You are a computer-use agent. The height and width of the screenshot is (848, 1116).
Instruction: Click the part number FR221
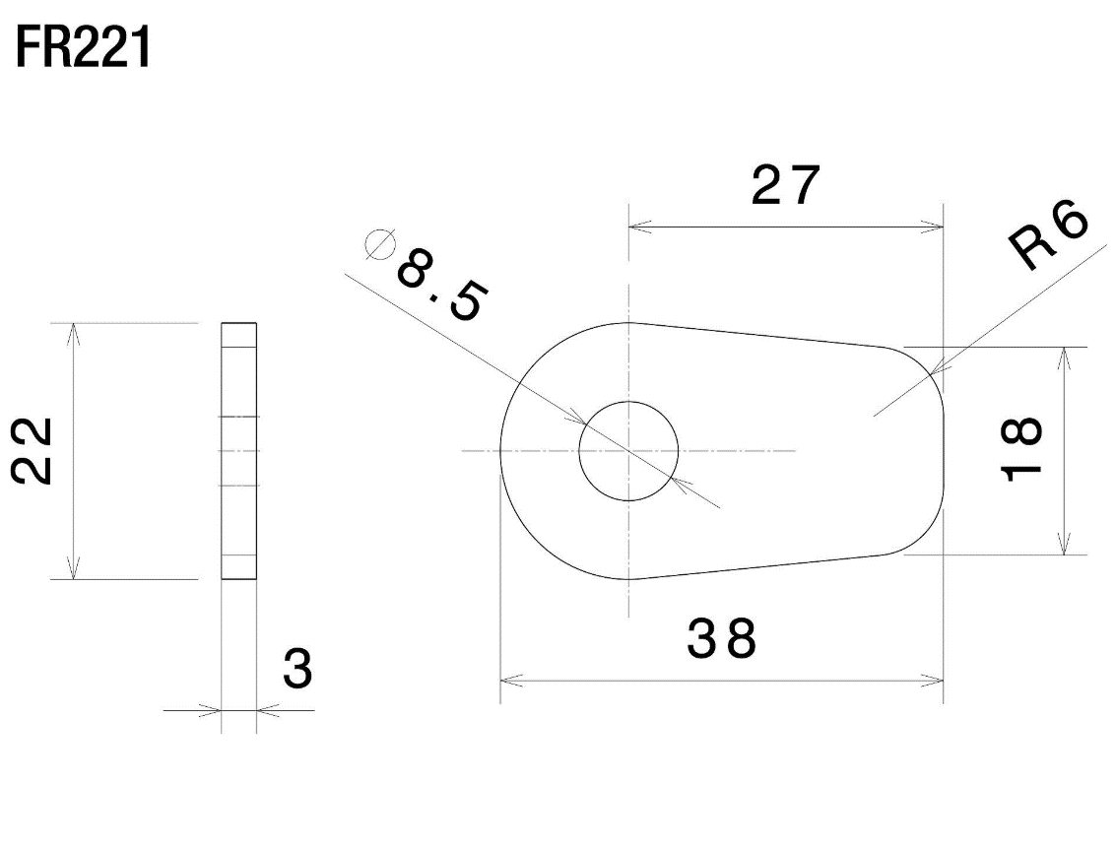[84, 50]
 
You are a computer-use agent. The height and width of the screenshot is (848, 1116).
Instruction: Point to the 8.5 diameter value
[440, 287]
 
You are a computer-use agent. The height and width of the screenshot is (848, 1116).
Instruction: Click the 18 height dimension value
[1021, 449]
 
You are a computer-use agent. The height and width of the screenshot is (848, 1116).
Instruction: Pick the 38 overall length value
[722, 640]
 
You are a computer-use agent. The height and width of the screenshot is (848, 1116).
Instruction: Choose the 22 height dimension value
[33, 451]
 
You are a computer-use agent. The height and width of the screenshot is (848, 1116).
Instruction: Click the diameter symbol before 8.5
[379, 243]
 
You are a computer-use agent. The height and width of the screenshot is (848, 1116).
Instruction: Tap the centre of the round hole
[628, 451]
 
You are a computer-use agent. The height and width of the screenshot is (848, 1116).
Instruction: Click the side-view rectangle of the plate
[238, 451]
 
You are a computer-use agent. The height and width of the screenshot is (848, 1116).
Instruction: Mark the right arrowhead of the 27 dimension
[936, 228]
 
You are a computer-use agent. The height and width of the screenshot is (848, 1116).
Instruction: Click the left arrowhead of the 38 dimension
[508, 680]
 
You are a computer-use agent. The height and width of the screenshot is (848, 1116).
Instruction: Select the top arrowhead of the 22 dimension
[71, 331]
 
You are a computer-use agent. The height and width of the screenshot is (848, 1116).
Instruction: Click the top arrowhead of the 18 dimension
[1064, 356]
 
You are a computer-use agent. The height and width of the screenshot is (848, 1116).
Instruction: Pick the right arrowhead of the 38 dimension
[936, 680]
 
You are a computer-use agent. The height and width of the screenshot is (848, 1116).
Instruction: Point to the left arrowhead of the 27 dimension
[636, 228]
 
